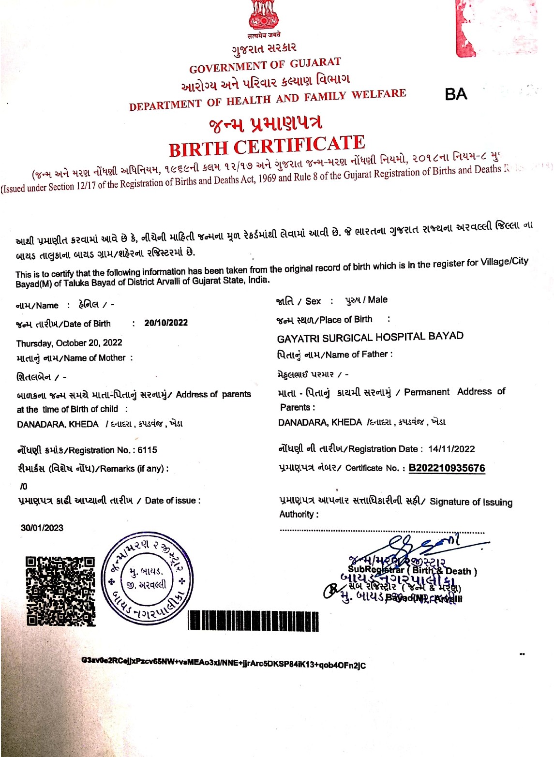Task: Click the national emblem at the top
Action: (x=264, y=15)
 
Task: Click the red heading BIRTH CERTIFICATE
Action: (x=267, y=146)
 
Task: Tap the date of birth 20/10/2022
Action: (x=166, y=323)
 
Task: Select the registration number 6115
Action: (x=147, y=450)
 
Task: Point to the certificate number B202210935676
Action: (x=447, y=468)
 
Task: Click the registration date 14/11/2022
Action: (x=451, y=449)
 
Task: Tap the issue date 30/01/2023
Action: (x=42, y=528)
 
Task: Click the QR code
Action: (x=60, y=591)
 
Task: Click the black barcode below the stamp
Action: (x=253, y=621)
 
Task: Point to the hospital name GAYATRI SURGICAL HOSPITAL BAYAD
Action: (x=370, y=337)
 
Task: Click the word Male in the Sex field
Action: (x=377, y=300)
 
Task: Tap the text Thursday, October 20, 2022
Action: (x=69, y=343)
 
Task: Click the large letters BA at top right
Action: (x=456, y=94)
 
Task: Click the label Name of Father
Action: (x=357, y=355)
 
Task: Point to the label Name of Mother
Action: (x=95, y=358)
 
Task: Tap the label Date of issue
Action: (x=170, y=501)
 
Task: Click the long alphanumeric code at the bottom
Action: (x=224, y=663)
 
